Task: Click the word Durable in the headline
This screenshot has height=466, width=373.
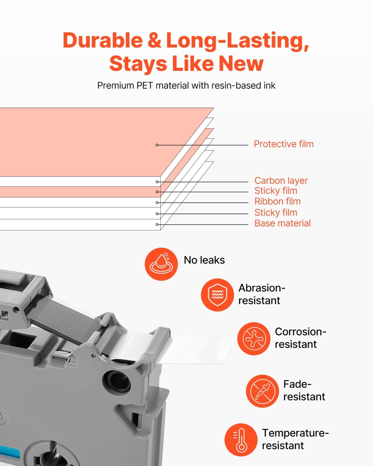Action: (x=103, y=40)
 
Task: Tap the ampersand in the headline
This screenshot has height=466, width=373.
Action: (x=154, y=40)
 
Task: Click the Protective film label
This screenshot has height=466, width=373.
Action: (x=283, y=144)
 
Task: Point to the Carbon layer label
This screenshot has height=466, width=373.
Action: (x=281, y=180)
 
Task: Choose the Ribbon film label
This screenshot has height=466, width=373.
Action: (x=278, y=201)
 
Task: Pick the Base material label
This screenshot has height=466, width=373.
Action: (x=283, y=223)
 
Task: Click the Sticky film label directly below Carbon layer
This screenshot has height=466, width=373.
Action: (x=276, y=190)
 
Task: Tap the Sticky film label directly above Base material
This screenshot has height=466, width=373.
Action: (x=276, y=212)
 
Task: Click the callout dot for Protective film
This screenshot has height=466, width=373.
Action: (x=157, y=145)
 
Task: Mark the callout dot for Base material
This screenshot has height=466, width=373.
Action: (x=157, y=225)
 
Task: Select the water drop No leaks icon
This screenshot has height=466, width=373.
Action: (x=161, y=264)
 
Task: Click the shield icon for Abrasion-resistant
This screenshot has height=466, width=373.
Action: (x=217, y=295)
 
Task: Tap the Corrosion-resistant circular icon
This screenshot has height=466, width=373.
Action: (x=254, y=339)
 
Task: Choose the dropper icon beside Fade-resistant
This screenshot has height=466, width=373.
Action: (x=262, y=391)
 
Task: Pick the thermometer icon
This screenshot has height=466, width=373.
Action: (x=241, y=440)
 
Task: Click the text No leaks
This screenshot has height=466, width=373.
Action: (x=204, y=260)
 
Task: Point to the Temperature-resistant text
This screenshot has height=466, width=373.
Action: (x=295, y=439)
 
